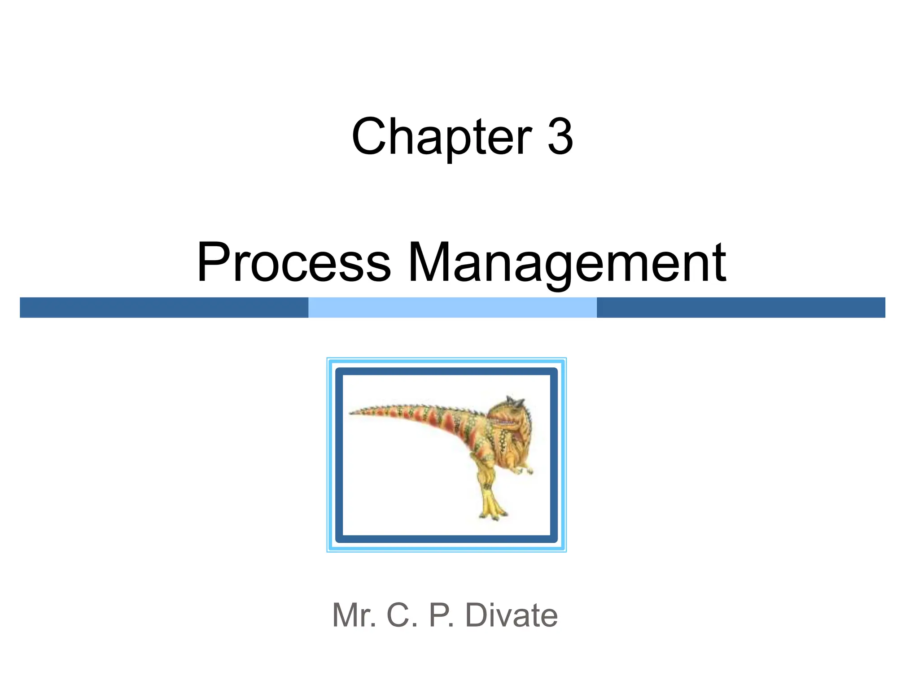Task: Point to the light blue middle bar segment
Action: [x=452, y=308]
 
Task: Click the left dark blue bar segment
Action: [x=164, y=308]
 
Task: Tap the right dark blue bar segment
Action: [x=741, y=308]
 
